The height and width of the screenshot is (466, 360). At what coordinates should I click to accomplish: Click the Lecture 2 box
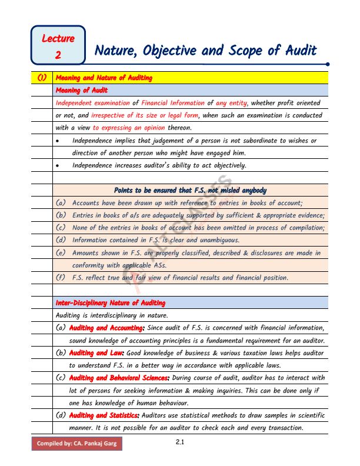click(58, 46)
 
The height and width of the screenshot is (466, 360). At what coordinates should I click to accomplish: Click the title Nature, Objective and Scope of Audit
click(205, 51)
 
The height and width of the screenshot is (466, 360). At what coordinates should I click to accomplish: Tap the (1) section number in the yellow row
click(42, 78)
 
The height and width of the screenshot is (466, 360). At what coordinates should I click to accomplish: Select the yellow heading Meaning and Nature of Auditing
click(104, 78)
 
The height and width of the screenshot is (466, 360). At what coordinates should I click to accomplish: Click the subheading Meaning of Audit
click(80, 90)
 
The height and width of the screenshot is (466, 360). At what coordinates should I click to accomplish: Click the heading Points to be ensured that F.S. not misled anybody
click(189, 190)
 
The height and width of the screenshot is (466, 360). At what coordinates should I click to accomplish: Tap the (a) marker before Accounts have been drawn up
click(61, 202)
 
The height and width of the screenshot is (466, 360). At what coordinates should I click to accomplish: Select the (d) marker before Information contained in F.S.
click(61, 240)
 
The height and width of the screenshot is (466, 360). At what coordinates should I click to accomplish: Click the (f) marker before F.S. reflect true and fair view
click(61, 277)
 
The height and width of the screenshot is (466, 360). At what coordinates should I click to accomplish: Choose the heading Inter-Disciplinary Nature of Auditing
click(111, 302)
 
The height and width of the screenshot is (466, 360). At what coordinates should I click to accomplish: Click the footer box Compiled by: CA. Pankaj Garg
click(76, 442)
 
